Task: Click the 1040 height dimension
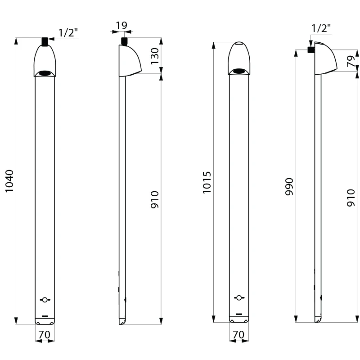pos(9,181)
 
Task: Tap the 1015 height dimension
pos(207,183)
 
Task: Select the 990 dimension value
pos(289,187)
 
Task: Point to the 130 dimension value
pos(155,56)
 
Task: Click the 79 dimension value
pos(351,61)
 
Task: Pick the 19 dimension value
pos(121,26)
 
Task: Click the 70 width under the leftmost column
pos(44,335)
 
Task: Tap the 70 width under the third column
pos(238,335)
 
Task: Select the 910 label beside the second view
pos(155,199)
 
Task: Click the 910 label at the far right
pos(351,198)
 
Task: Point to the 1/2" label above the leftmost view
pos(68,32)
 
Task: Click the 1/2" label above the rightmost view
pos(321,28)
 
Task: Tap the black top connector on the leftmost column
pos(45,41)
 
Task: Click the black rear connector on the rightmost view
pos(311,49)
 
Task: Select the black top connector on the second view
pos(124,41)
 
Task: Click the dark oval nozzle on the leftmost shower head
pos(45,73)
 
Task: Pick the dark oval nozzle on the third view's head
pos(239,72)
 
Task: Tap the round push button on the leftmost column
pos(45,300)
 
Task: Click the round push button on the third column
pos(239,298)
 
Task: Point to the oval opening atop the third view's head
pos(239,43)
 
